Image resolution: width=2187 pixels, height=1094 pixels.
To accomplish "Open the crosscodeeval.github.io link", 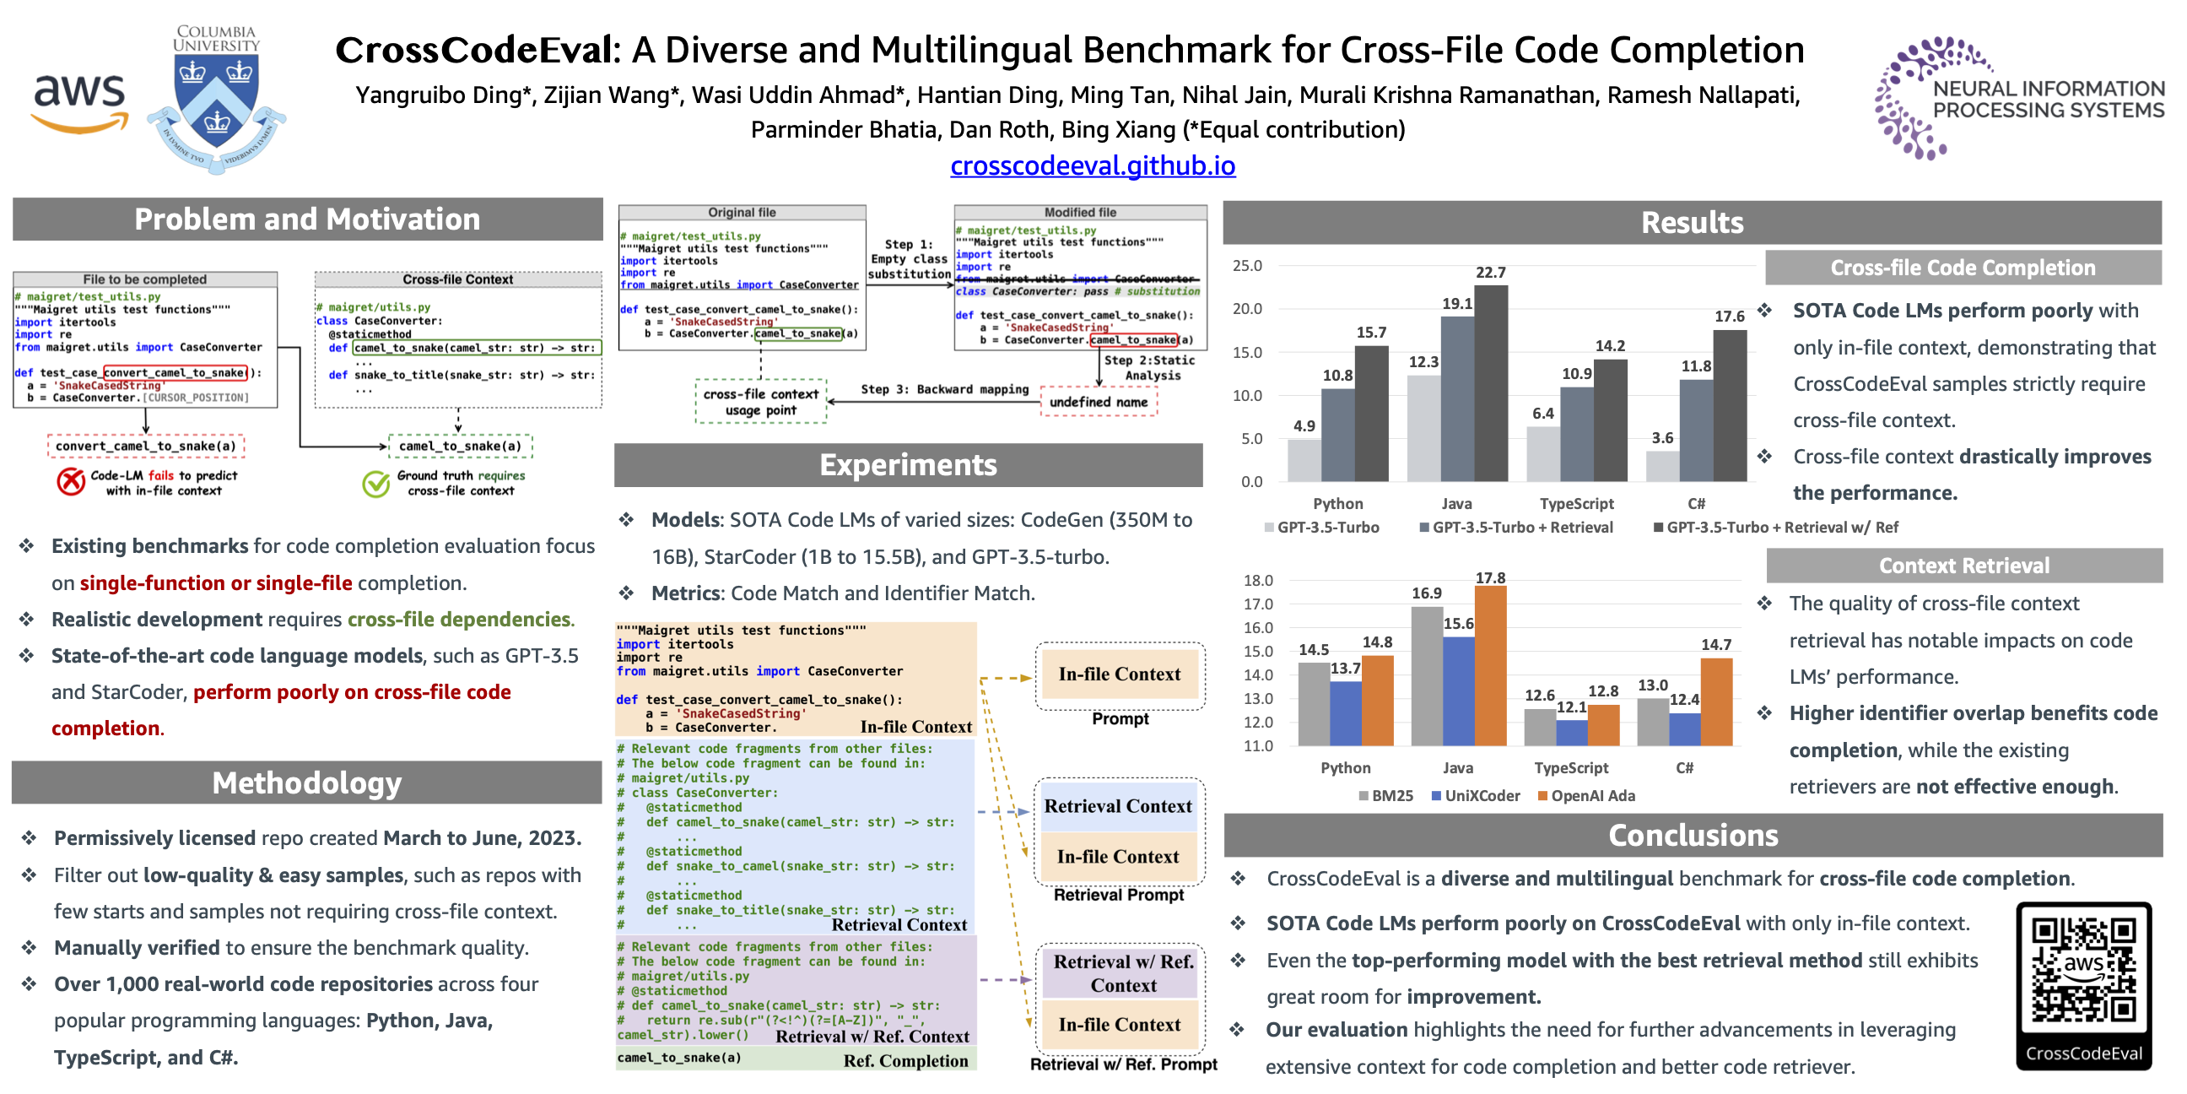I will tap(1093, 165).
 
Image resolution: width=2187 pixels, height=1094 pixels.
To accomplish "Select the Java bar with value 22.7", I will tap(1491, 382).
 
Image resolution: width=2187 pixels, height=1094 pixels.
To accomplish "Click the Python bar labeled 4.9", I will tap(1304, 459).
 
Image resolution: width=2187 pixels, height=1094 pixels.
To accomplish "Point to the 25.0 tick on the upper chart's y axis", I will tap(1247, 266).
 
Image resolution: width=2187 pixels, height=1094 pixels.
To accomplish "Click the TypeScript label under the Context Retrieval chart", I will tap(1570, 768).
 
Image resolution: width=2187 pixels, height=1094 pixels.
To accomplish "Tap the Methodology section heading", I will tap(306, 783).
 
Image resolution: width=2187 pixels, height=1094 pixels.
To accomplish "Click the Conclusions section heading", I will tap(1692, 835).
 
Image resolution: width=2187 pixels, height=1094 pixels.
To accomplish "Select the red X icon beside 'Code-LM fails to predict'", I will tap(71, 482).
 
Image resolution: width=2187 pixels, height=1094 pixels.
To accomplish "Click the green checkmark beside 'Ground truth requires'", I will tap(375, 484).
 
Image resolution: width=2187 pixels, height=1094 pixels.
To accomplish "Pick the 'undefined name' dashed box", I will tap(1099, 402).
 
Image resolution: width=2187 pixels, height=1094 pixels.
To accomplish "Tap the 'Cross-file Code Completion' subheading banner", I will tap(1962, 268).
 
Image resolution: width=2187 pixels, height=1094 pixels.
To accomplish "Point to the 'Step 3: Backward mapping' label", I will tap(944, 389).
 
